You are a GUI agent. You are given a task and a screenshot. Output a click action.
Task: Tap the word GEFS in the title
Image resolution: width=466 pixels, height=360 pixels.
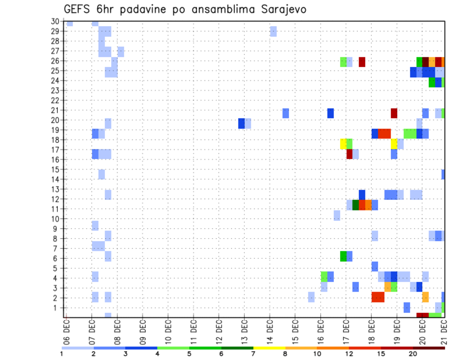tap(78, 10)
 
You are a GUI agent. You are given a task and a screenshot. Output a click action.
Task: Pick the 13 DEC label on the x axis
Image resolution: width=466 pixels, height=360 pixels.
tap(244, 333)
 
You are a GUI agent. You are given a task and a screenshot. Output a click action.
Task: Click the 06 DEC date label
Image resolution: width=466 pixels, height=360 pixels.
tap(67, 333)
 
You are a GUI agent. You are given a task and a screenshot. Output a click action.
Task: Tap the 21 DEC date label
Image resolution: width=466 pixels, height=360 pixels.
tap(443, 333)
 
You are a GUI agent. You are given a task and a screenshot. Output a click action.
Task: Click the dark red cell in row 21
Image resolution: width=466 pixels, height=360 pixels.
tap(394, 113)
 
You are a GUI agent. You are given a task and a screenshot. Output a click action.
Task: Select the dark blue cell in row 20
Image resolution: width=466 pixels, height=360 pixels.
tap(241, 123)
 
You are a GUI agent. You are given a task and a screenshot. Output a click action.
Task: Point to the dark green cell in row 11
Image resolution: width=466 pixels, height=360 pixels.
tap(356, 205)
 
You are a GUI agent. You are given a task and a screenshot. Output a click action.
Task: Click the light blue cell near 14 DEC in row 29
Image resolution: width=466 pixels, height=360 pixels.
tap(273, 31)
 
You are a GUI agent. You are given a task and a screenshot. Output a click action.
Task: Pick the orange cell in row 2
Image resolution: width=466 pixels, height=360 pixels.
tap(425, 297)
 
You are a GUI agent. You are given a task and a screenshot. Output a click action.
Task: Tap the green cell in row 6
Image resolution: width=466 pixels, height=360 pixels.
tap(343, 256)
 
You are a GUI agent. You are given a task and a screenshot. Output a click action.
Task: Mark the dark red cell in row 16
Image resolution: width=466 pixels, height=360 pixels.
tap(349, 154)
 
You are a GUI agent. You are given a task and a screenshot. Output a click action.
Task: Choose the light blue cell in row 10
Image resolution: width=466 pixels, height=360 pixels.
tap(337, 215)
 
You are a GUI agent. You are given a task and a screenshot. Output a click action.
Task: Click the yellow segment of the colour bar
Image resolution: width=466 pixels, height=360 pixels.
tap(269, 348)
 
